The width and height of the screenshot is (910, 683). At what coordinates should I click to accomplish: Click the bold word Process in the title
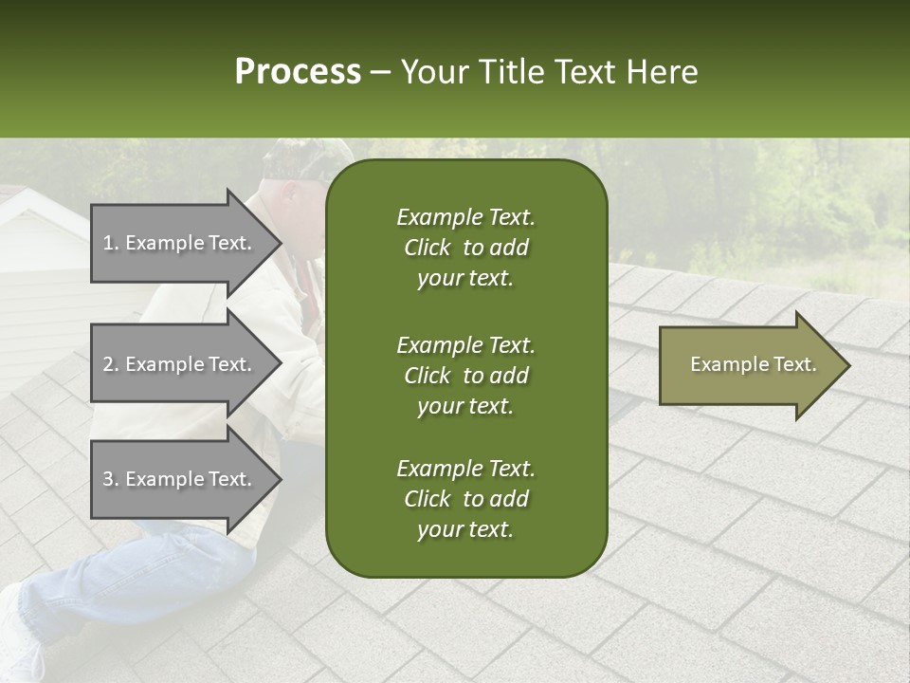(298, 72)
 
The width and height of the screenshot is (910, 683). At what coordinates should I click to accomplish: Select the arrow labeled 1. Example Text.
(180, 243)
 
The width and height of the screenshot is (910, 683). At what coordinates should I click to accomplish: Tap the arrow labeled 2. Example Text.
(180, 364)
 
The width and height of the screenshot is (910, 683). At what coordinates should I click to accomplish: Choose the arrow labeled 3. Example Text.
(180, 479)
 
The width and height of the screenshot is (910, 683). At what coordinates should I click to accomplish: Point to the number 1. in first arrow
(111, 243)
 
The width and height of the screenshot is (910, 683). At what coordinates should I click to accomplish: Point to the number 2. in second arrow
(111, 364)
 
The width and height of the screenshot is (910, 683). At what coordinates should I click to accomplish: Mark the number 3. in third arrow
(111, 479)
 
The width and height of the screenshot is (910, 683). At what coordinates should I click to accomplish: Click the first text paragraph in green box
(465, 248)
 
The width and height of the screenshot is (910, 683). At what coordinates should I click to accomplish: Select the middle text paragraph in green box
(465, 376)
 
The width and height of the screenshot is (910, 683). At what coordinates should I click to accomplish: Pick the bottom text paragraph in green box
(465, 499)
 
